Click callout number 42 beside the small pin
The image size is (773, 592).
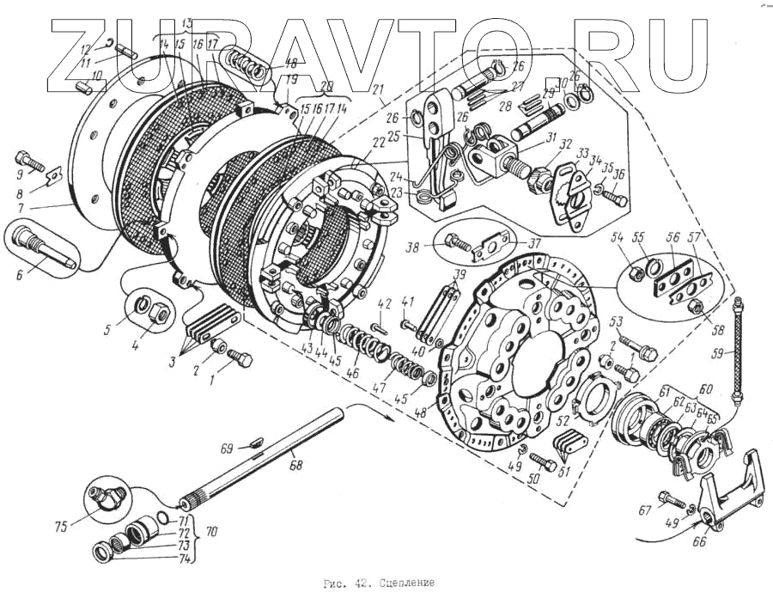(384, 302)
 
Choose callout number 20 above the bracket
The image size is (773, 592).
(325, 86)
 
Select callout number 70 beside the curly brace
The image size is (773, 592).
(211, 532)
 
